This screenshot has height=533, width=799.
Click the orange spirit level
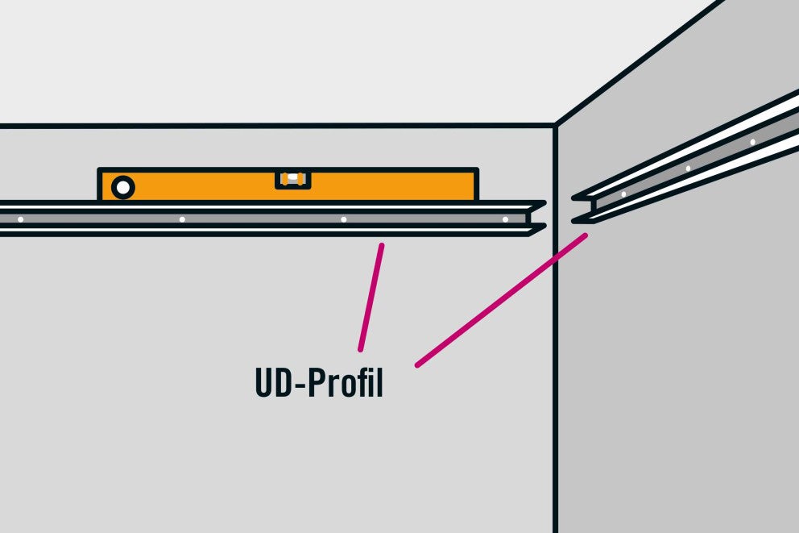pyautogui.click(x=288, y=184)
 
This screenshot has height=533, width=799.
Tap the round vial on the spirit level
pyautogui.click(x=122, y=188)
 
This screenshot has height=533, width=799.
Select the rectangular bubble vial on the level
pyautogui.click(x=293, y=179)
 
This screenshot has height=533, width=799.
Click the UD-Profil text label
pyautogui.click(x=319, y=382)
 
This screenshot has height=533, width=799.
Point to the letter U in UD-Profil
pyautogui.click(x=264, y=382)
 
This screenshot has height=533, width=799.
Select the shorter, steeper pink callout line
pyautogui.click(x=371, y=298)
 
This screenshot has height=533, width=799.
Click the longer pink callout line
pyautogui.click(x=502, y=300)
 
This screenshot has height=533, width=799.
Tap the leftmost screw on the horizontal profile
pyautogui.click(x=20, y=219)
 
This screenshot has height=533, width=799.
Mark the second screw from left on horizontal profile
pyautogui.click(x=182, y=219)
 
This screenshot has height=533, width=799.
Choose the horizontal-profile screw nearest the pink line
pyautogui.click(x=343, y=219)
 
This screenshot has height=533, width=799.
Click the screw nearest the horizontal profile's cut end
pyautogui.click(x=505, y=219)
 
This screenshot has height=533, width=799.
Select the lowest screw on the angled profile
pyautogui.click(x=623, y=194)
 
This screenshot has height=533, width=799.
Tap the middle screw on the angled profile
pyautogui.click(x=688, y=169)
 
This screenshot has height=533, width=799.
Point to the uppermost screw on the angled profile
pyautogui.click(x=752, y=142)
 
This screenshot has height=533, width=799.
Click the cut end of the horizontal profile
pyautogui.click(x=535, y=219)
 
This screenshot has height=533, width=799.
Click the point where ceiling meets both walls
pyautogui.click(x=556, y=124)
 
